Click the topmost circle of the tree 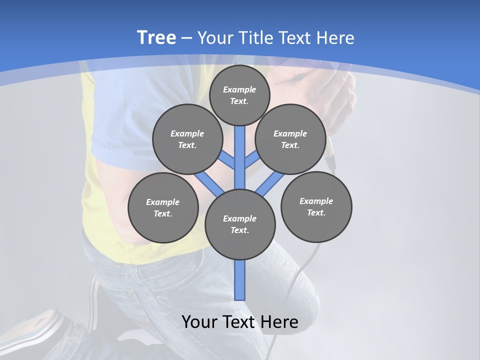(239, 95)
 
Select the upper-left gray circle (187, 139)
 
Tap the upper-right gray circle (290, 139)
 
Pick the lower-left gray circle (163, 207)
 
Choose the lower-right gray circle (316, 206)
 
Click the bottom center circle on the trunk (240, 224)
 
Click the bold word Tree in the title (156, 37)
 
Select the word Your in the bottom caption (199, 322)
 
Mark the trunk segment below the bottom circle (240, 280)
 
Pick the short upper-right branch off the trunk (251, 160)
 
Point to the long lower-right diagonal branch (269, 184)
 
